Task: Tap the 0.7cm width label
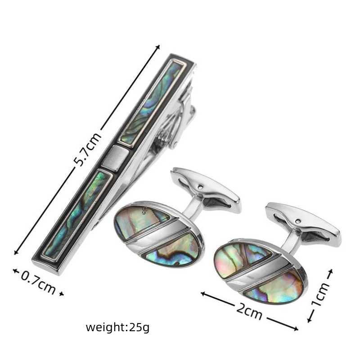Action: (38, 283)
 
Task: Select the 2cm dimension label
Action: (249, 311)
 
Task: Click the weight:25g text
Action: (117, 327)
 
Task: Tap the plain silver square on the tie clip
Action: (115, 159)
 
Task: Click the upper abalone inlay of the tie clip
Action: (152, 103)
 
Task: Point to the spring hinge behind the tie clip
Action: (175, 115)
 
